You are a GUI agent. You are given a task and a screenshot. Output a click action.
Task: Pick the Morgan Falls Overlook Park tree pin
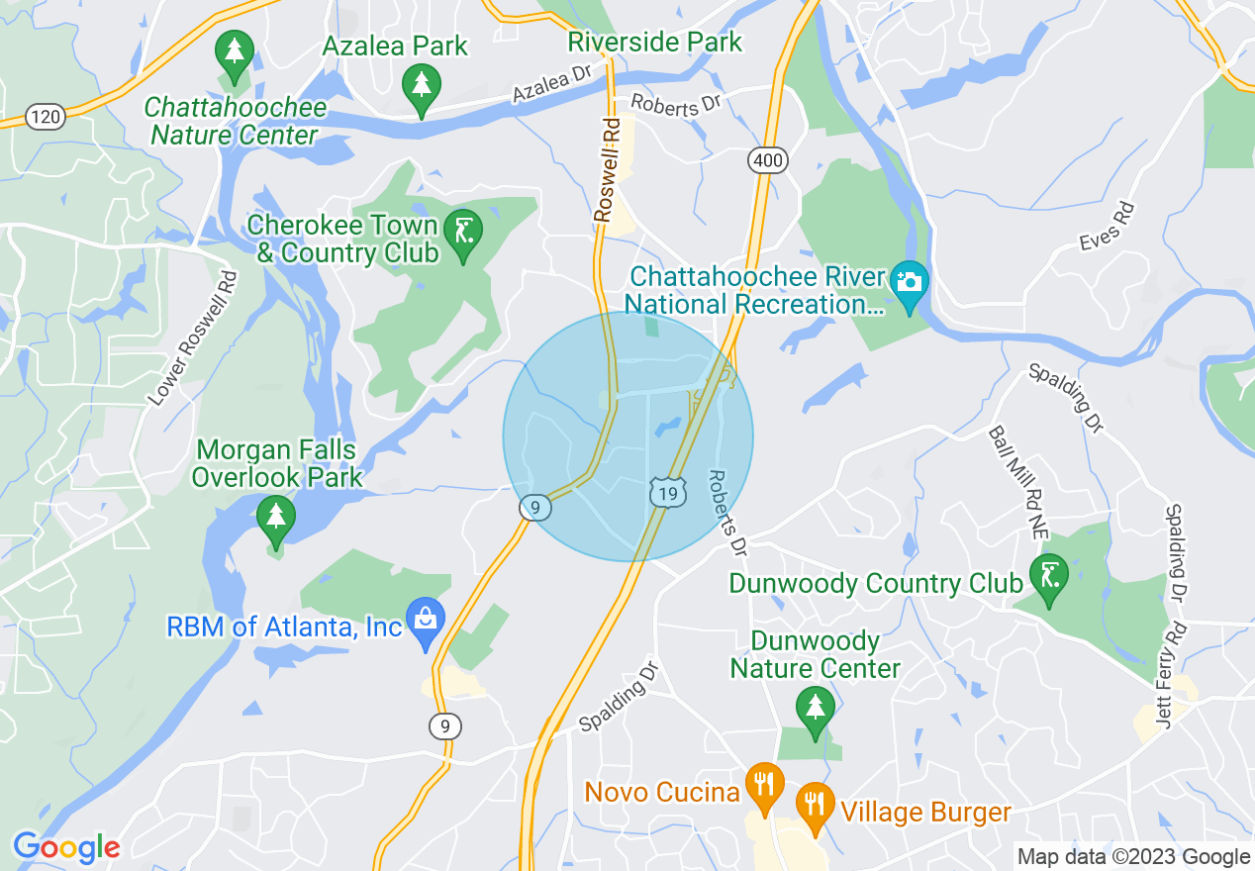tap(275, 519)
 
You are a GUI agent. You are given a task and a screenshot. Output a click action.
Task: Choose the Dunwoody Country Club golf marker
tap(1048, 576)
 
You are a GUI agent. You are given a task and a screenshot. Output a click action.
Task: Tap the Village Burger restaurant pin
tap(815, 806)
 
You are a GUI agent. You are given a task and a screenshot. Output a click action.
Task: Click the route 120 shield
tap(46, 118)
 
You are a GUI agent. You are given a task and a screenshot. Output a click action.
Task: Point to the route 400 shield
tap(767, 159)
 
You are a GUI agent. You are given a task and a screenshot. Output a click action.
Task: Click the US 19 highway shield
tap(667, 492)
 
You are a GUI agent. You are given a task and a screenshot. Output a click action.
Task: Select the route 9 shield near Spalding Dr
tap(445, 726)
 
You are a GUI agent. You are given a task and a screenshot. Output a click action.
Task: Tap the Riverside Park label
tap(655, 43)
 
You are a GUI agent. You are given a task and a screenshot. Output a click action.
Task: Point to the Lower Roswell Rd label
tap(194, 338)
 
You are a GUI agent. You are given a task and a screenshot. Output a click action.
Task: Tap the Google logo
tap(66, 847)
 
